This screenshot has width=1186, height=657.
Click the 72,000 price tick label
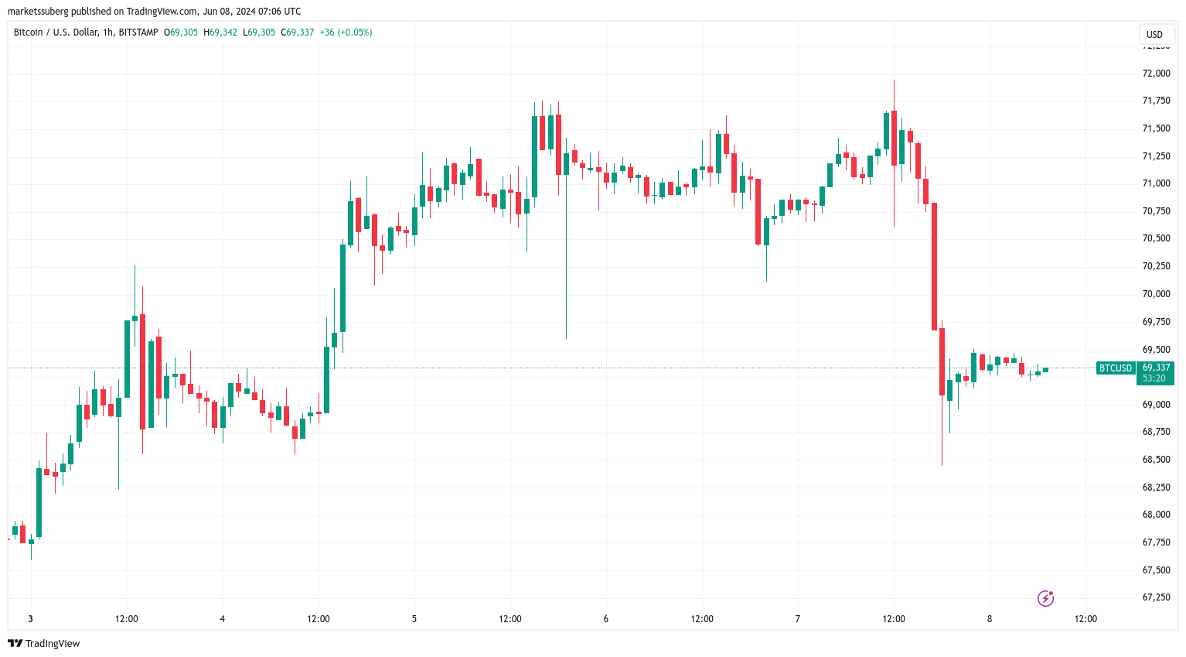coord(1156,74)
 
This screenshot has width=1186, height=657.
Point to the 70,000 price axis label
coord(1156,294)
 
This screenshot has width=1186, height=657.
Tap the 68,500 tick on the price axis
coord(1156,460)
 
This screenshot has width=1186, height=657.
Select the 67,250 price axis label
coord(1156,597)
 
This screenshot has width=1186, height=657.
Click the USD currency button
coord(1154,34)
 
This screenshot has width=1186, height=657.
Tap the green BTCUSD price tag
coord(1115,368)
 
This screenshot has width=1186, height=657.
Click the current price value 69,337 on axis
coord(1156,368)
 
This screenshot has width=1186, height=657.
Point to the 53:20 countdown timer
coord(1154,378)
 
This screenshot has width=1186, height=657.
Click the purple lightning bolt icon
coord(1045,598)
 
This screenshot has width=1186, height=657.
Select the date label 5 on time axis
coord(414,619)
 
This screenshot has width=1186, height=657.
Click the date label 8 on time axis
coord(990,619)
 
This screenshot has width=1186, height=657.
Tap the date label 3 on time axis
coord(31,619)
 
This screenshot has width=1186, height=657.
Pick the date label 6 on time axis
coord(606,619)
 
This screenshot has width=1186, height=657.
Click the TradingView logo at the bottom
coord(44,644)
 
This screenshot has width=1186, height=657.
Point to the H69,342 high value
coord(220,33)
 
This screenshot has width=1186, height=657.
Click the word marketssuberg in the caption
coord(36,12)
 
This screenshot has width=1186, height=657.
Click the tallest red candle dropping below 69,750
coord(934,266)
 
